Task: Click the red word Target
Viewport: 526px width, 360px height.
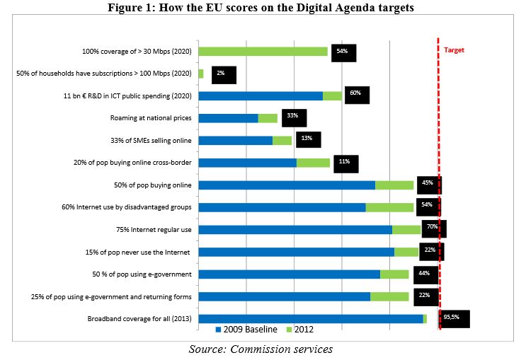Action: point(454,50)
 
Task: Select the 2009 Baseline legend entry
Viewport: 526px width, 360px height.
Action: point(246,329)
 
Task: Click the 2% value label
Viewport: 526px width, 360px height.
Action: point(221,73)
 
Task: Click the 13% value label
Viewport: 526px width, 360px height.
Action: point(307,139)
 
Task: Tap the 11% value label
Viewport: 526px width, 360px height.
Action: point(345,162)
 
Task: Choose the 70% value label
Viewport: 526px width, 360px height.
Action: point(431,227)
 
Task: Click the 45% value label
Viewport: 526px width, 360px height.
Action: point(427,183)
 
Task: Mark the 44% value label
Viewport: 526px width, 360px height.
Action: point(424,273)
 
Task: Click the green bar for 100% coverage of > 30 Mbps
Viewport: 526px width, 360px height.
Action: point(263,51)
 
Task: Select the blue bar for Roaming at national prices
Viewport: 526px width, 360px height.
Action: point(228,117)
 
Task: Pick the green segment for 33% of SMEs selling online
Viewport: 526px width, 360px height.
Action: point(282,140)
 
